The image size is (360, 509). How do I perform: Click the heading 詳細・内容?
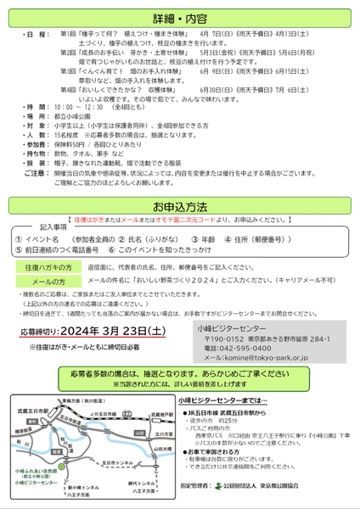[x=180, y=17]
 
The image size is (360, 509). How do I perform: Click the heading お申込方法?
[x=180, y=206]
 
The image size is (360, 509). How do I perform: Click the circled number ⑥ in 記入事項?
[x=112, y=251]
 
